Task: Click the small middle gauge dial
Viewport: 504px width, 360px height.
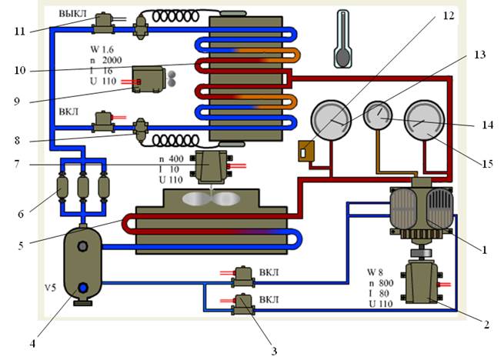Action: click(378, 116)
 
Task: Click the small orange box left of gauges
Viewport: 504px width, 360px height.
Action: click(307, 151)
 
